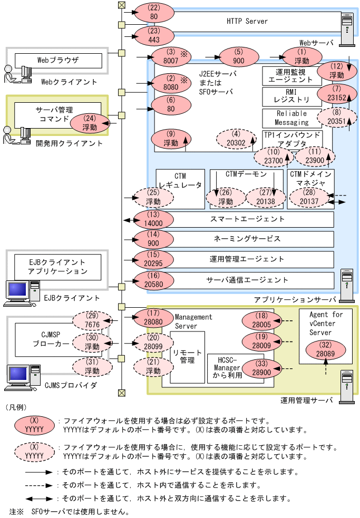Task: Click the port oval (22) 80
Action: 154,12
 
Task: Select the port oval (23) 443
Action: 154,35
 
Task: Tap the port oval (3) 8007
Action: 169,56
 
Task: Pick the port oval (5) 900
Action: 239,56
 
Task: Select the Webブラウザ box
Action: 58,60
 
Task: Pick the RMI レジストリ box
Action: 291,97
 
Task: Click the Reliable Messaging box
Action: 291,119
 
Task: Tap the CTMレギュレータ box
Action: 180,181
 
